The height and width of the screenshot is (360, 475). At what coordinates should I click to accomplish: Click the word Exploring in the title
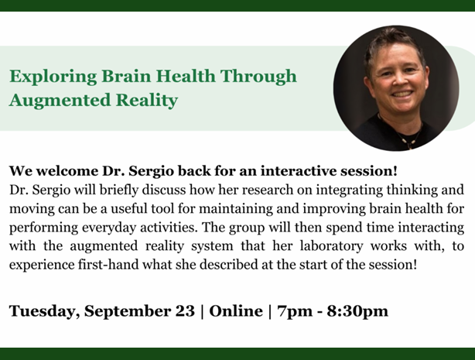click(x=53, y=77)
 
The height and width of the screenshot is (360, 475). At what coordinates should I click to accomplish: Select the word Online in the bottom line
click(x=236, y=311)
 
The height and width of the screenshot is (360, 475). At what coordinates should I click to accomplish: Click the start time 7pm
click(x=295, y=312)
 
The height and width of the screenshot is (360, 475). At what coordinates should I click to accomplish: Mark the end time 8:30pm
click(x=357, y=312)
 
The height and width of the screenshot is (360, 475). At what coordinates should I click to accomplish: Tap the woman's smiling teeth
click(x=402, y=94)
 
